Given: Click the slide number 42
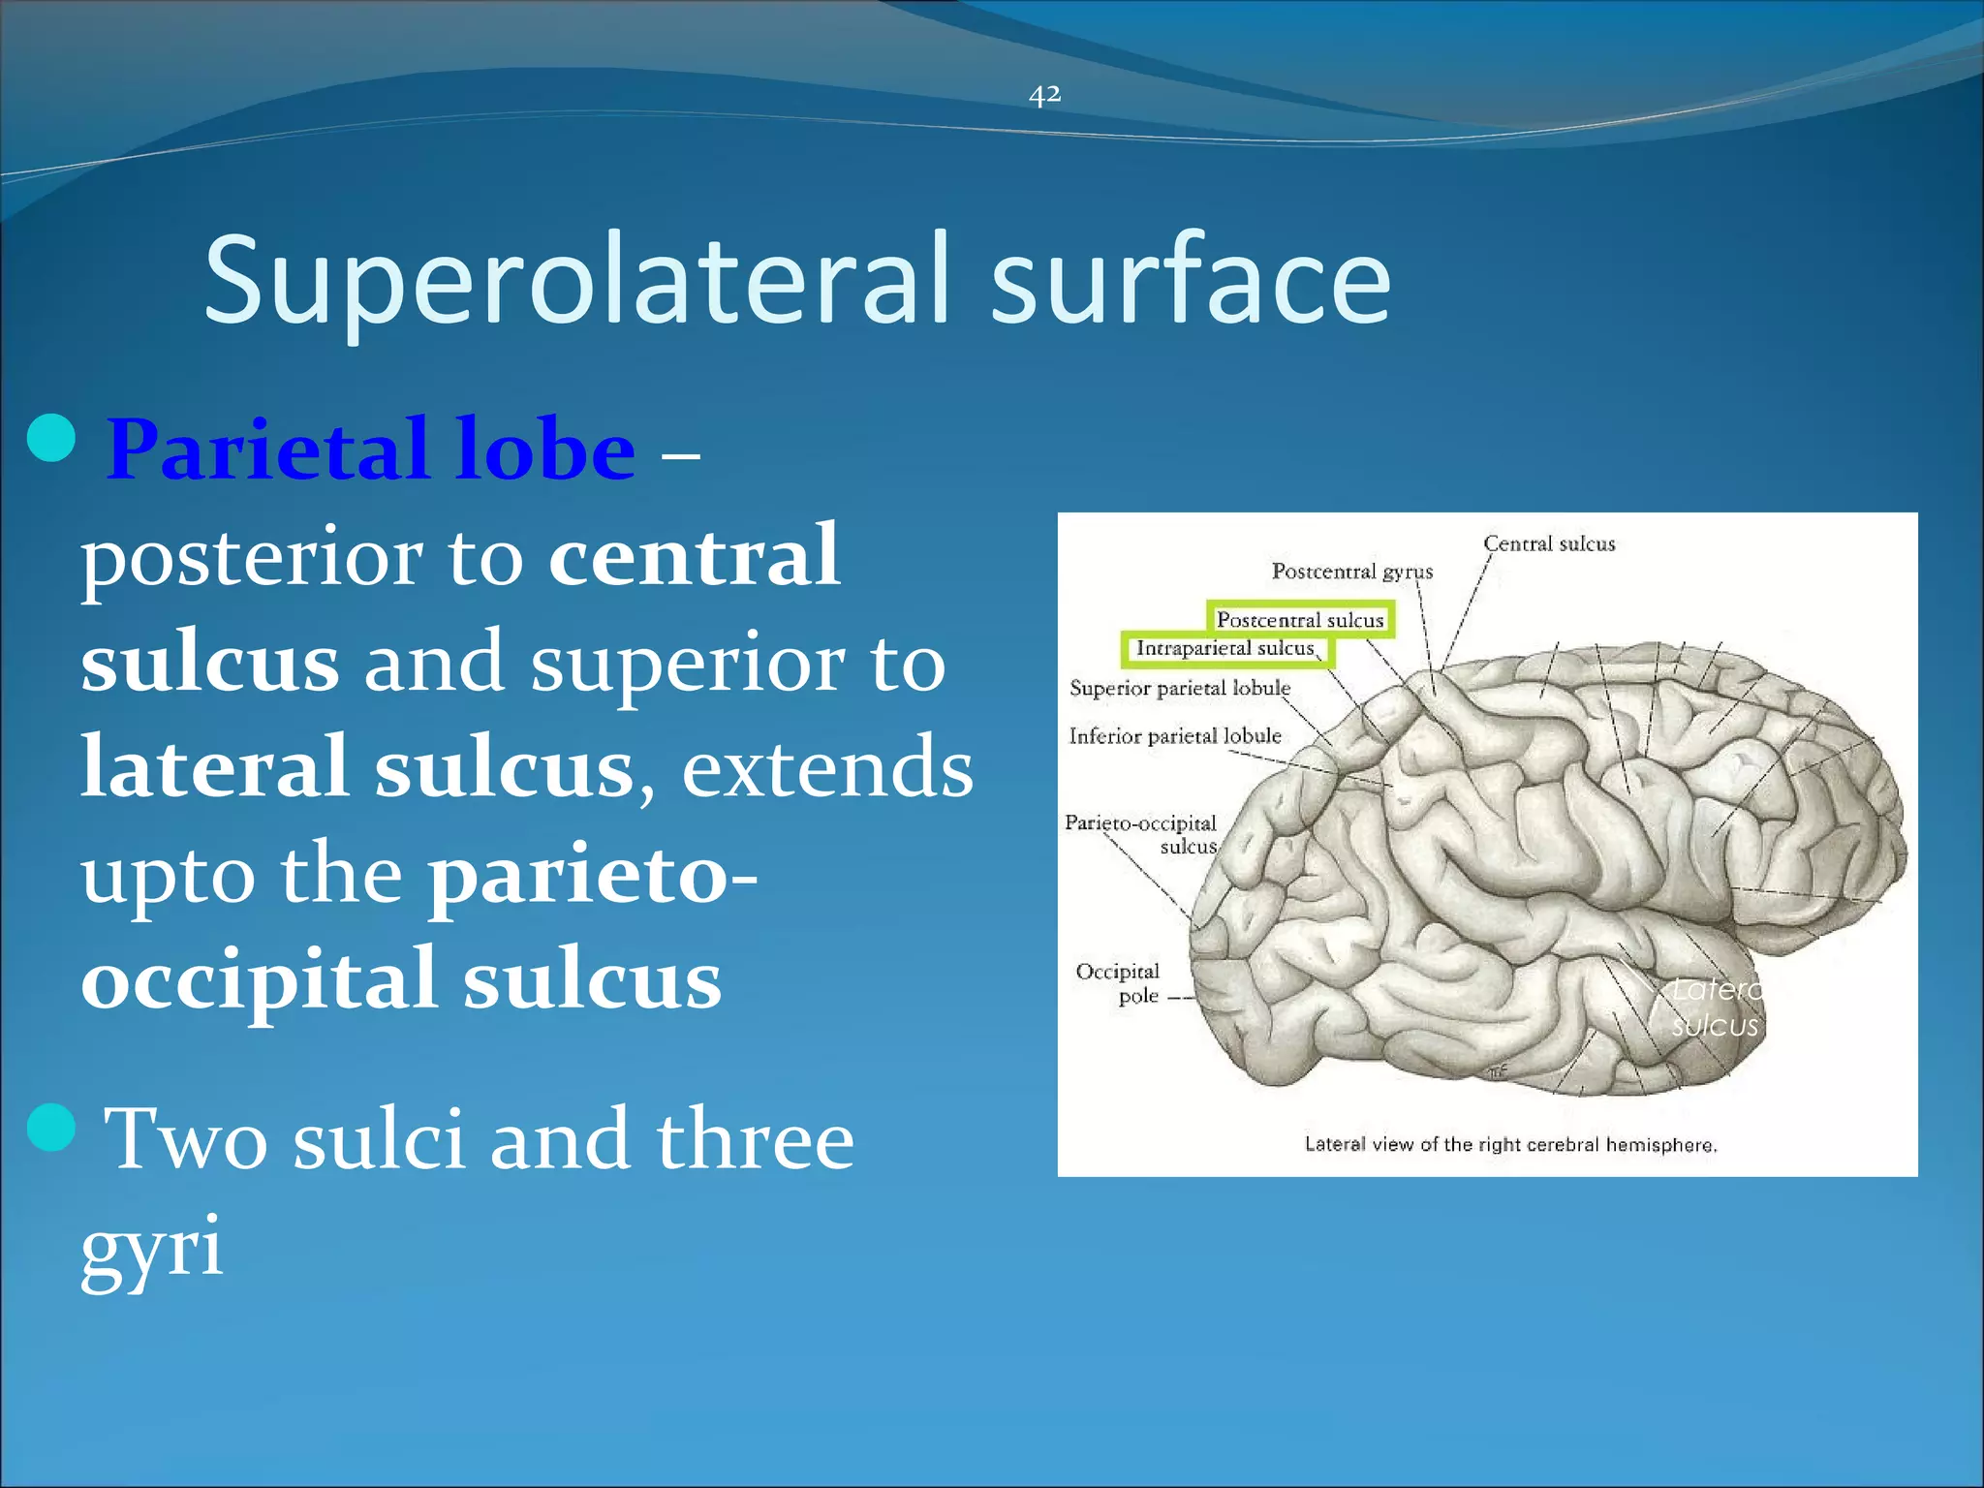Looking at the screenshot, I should coord(1044,95).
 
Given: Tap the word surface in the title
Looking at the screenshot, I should coord(1191,281).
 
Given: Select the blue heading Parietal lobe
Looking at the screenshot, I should coord(371,449).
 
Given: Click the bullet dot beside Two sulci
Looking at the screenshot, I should coord(52,1127).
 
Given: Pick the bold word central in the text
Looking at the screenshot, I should coord(694,556).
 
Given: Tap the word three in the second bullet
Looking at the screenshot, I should coord(755,1139).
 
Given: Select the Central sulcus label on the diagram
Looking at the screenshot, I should coord(1549,544).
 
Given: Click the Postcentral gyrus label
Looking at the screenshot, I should coord(1351,572).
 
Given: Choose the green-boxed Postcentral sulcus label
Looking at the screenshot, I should coord(1300,620).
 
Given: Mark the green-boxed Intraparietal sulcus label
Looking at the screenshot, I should coord(1225,648).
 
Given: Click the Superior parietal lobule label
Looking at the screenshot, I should coord(1180,688).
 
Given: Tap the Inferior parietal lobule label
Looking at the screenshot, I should coord(1175,736).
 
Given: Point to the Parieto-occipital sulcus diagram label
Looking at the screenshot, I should coord(1141,834).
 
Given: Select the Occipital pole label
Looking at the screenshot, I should coord(1119,983).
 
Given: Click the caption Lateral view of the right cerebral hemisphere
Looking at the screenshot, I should coord(1510,1145).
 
